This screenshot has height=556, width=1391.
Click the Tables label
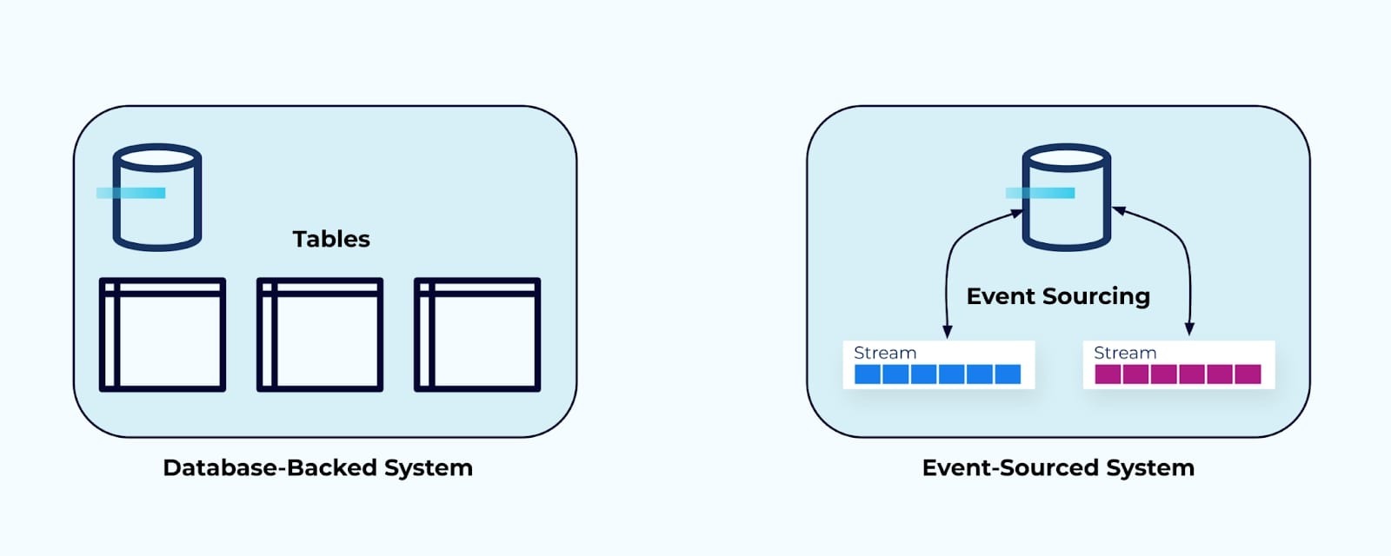[x=330, y=239]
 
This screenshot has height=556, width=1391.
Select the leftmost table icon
[x=163, y=334]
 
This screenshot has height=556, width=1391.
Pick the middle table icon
[x=320, y=334]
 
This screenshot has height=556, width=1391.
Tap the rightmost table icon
[x=477, y=334]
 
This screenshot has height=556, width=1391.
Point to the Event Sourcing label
[x=1058, y=296]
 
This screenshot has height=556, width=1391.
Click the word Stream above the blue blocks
[x=885, y=353]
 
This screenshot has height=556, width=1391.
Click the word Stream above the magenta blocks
[x=1125, y=353]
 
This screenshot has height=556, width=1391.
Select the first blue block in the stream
[x=868, y=374]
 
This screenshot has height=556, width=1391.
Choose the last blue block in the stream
[x=1008, y=374]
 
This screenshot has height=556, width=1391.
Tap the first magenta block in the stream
[x=1108, y=374]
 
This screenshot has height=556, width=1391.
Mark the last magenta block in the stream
[x=1248, y=374]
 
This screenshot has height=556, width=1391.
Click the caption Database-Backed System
[x=317, y=467]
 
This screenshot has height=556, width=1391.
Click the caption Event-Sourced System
[x=1058, y=467]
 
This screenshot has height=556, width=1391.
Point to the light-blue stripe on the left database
[x=130, y=193]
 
